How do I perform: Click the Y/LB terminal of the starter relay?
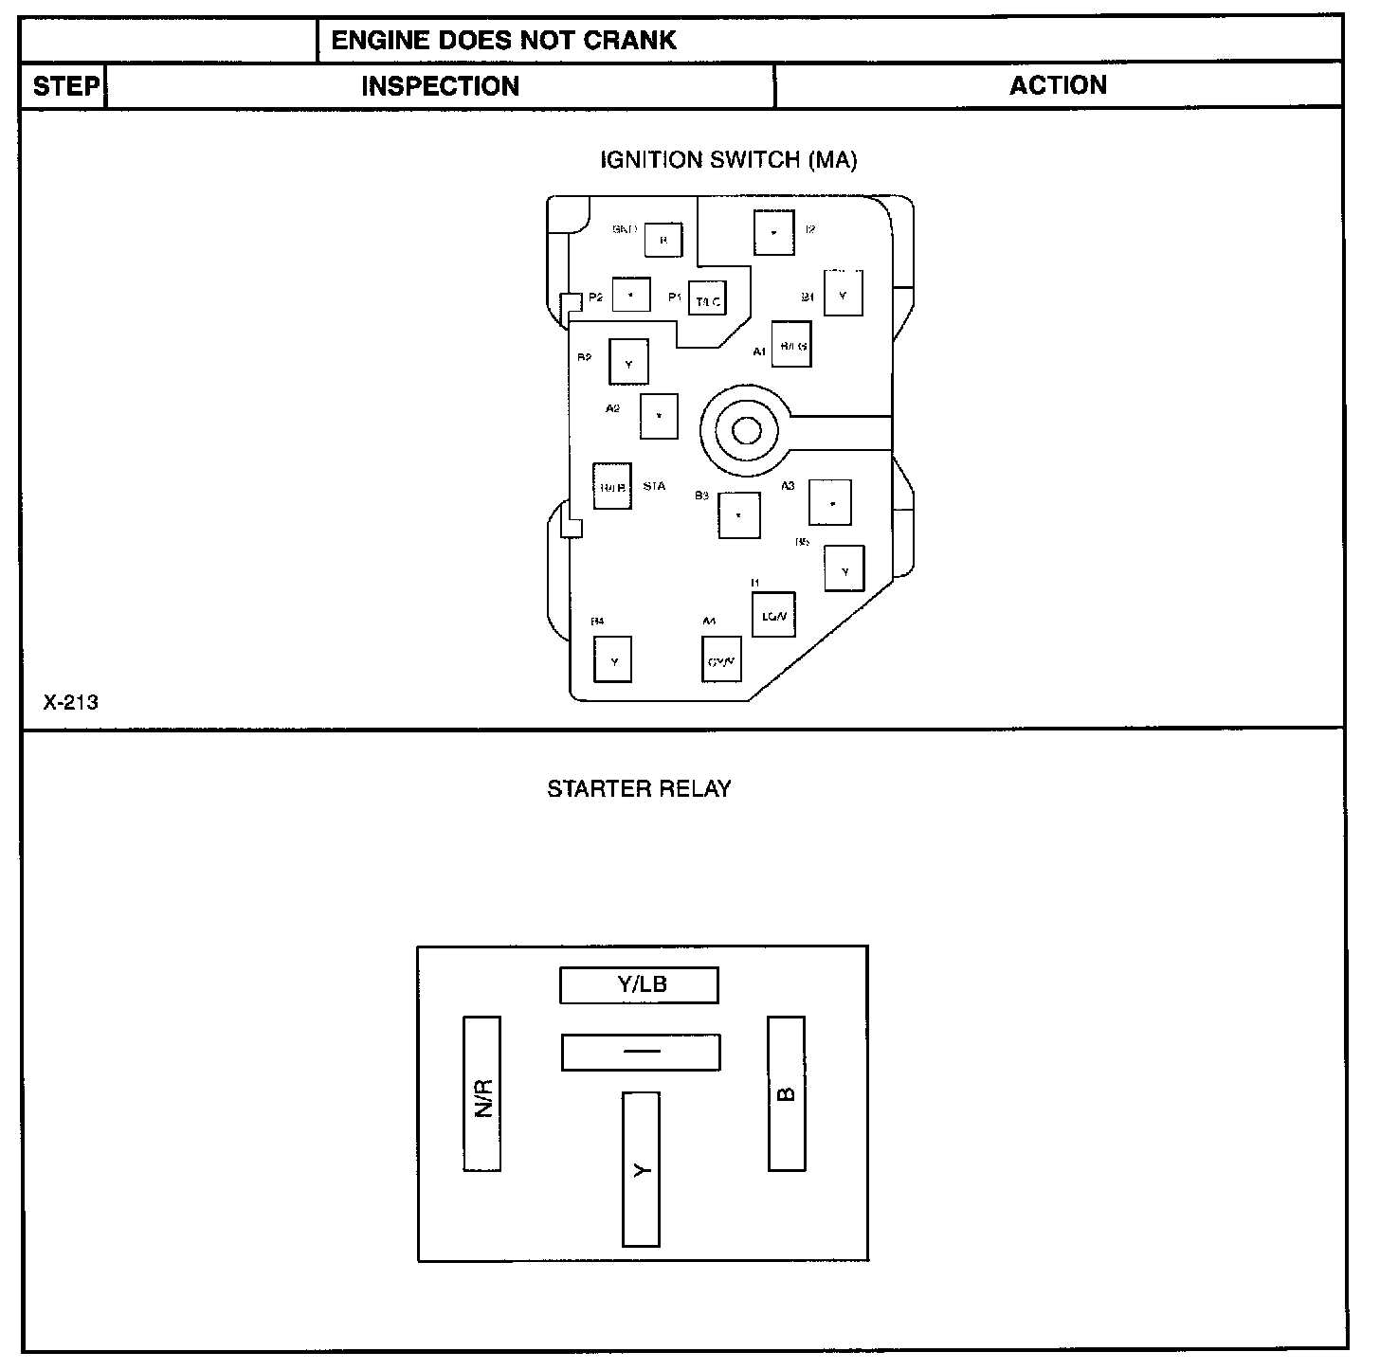point(639,985)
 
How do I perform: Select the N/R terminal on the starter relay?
point(482,1093)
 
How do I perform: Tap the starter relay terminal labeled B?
point(786,1093)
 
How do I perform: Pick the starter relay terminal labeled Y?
point(641,1169)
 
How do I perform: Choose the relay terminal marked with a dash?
point(641,1053)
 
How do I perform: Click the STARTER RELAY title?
point(639,789)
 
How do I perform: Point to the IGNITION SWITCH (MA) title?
point(728,160)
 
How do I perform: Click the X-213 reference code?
point(70,703)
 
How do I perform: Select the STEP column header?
point(65,87)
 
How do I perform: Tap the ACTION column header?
point(1058,86)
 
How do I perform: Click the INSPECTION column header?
point(441,87)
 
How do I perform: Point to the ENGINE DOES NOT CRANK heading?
point(504,40)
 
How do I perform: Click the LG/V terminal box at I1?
point(772,615)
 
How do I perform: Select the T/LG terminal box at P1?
point(707,299)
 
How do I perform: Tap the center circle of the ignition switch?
point(746,432)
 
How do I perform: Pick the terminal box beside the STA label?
point(612,486)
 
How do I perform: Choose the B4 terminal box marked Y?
point(612,659)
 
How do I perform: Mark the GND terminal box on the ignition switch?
point(663,240)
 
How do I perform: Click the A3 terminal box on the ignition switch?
point(830,503)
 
